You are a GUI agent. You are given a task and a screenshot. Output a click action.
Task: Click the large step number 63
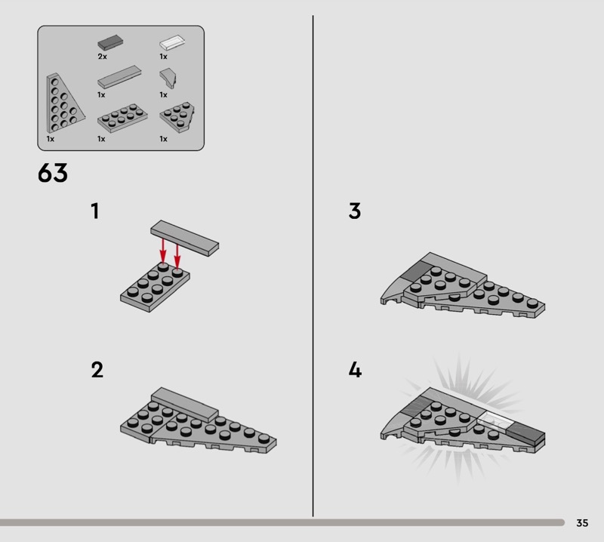tap(53, 173)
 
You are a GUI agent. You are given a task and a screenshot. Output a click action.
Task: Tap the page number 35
tap(582, 522)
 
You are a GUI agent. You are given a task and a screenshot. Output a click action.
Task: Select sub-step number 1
tap(95, 211)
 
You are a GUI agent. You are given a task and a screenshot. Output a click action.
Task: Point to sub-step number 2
tap(97, 370)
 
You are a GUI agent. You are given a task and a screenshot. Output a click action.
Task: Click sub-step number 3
tap(355, 211)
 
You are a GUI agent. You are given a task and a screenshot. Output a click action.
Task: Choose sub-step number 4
tap(355, 370)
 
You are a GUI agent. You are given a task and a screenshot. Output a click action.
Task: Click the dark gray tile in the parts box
tap(110, 42)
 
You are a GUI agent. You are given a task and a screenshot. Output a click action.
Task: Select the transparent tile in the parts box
tap(172, 42)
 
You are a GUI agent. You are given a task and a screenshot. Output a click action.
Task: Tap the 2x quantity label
tap(102, 57)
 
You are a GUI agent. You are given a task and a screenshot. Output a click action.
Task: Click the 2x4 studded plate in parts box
tap(122, 118)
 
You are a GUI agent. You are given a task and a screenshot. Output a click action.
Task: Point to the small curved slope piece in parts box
tap(168, 79)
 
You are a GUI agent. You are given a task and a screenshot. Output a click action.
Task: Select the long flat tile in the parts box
tap(119, 77)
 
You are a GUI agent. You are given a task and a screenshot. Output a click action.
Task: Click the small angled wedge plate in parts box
tap(177, 117)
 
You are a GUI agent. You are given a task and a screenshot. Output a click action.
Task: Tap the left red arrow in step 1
tap(163, 251)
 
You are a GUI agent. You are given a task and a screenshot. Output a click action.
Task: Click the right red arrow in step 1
tap(177, 255)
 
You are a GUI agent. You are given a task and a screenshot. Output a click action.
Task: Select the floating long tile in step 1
tap(184, 238)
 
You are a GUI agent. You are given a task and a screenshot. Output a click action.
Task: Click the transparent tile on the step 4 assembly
tap(495, 420)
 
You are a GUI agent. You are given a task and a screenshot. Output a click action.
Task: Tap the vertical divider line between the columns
tap(313, 266)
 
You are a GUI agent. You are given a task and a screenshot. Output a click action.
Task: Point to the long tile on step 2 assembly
tap(185, 404)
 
